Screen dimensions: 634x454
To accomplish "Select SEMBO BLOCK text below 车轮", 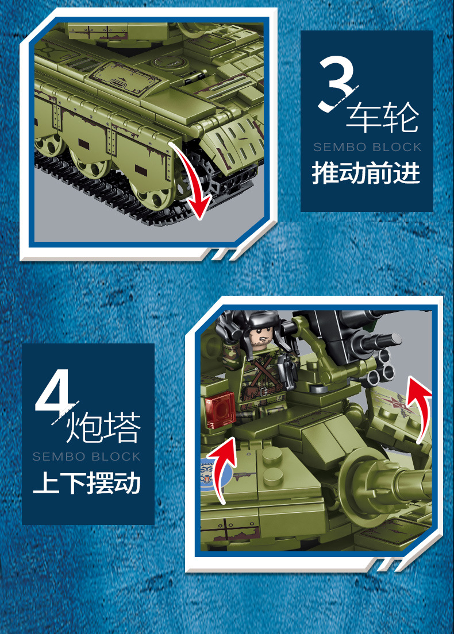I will (367, 147).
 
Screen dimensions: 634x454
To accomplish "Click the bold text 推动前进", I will (366, 173).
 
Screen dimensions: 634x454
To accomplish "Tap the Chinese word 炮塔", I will (103, 428).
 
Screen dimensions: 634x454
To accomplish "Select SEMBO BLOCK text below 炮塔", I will (87, 457).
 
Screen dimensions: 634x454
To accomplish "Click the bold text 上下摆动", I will (87, 483).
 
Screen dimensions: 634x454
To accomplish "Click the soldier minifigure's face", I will (262, 338).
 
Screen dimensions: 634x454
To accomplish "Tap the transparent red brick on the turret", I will (218, 410).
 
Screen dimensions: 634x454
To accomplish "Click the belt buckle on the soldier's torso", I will (264, 391).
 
